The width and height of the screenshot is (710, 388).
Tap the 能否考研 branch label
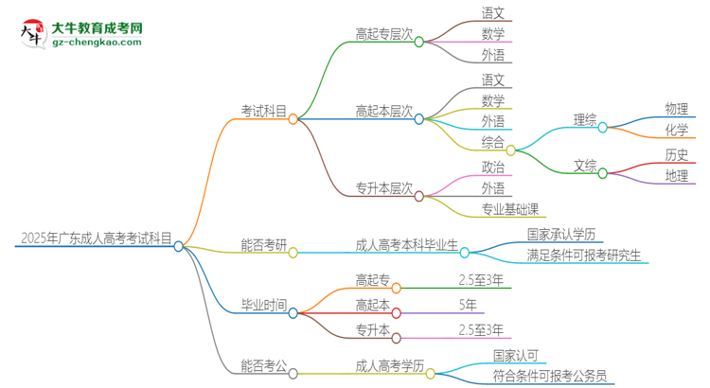(x=263, y=244)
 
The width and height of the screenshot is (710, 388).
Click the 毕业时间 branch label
(x=263, y=304)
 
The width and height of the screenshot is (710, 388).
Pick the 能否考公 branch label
(x=263, y=364)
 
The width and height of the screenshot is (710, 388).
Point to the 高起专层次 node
(x=383, y=34)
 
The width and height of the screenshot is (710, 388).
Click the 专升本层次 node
(x=383, y=188)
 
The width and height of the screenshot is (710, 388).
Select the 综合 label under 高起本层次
(x=492, y=142)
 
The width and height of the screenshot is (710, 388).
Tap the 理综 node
(x=585, y=119)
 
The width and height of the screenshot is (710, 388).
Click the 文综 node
(x=585, y=166)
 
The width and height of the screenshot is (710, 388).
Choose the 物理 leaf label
(x=677, y=109)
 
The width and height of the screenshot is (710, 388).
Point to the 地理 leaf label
(x=677, y=175)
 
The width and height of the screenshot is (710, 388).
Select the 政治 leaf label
(x=493, y=167)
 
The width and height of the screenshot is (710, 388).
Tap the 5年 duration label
(x=468, y=304)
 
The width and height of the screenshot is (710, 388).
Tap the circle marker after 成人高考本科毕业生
(x=465, y=253)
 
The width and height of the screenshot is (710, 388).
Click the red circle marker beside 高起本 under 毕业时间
(x=396, y=312)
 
